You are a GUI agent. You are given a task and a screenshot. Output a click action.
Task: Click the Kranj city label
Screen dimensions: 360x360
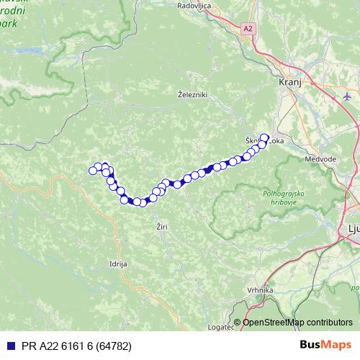[x=289, y=83]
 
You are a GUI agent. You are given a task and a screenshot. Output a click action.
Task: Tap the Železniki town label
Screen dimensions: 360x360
[x=192, y=94]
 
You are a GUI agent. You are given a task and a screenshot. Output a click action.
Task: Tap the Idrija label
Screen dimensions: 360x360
[x=117, y=264]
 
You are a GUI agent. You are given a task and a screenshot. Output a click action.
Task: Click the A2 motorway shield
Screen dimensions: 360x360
[x=248, y=28]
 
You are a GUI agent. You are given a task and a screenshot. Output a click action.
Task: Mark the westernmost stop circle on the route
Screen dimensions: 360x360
[x=92, y=171]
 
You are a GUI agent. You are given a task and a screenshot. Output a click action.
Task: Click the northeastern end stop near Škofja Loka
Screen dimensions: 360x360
[x=264, y=138]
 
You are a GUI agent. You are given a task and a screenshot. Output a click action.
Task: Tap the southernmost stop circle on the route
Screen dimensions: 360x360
[x=143, y=203]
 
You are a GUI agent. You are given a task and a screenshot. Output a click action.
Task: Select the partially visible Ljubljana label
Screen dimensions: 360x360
[x=352, y=230]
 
